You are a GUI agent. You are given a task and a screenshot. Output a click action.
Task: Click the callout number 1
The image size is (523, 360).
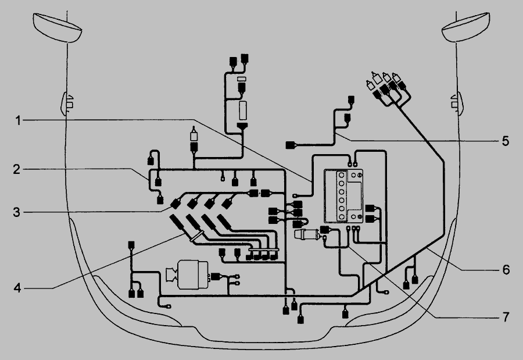(19, 120)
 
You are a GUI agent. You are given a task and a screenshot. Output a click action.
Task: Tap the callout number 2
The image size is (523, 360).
(17, 169)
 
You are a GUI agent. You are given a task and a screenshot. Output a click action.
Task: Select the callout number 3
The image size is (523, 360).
(17, 212)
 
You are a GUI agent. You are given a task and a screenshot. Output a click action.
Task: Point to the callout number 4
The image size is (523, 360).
(17, 287)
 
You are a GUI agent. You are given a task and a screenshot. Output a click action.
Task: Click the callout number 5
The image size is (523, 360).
(506, 141)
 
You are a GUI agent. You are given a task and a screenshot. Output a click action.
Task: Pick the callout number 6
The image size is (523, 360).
(506, 269)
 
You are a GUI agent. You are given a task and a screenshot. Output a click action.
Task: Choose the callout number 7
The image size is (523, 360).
(506, 317)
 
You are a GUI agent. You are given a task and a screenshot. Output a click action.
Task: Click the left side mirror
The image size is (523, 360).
(58, 27)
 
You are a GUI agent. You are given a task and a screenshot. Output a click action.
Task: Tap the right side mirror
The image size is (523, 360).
(465, 27)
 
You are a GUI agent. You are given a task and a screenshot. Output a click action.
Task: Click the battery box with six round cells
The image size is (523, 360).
(343, 195)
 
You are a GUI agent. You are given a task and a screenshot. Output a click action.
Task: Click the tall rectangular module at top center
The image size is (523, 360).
(243, 111)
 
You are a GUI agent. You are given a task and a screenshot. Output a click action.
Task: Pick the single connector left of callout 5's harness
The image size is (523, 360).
(291, 145)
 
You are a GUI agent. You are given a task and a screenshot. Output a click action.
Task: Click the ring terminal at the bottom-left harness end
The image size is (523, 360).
(168, 306)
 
